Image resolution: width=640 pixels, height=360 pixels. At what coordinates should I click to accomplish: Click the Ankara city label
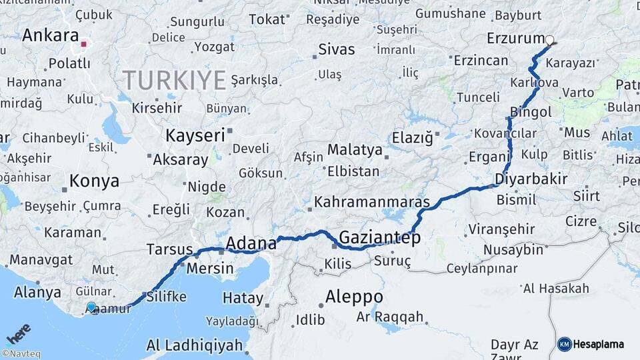(50, 35)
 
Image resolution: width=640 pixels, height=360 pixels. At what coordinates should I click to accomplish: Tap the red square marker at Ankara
(83, 45)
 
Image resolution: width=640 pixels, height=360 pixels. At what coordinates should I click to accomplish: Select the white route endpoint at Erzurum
(550, 41)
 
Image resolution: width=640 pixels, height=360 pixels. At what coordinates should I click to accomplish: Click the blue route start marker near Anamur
(91, 307)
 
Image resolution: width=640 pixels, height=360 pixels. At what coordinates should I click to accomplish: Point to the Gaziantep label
(379, 237)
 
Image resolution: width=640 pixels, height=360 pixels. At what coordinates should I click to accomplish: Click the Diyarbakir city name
(531, 179)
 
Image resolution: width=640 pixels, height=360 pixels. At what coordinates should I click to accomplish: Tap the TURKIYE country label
(174, 80)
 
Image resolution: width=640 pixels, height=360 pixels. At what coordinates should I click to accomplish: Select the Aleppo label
(354, 296)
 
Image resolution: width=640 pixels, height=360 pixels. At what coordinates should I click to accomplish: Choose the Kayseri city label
(195, 135)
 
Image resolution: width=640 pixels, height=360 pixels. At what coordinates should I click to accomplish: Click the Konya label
(95, 181)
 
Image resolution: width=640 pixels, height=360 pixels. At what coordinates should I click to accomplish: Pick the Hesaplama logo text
(600, 345)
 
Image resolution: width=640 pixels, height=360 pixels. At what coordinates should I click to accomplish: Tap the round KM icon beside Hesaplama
(565, 345)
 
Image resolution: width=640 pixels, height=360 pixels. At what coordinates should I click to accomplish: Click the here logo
(19, 333)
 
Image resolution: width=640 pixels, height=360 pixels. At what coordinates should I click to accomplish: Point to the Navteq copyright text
(21, 354)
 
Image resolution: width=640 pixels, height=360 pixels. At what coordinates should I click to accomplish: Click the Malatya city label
(354, 149)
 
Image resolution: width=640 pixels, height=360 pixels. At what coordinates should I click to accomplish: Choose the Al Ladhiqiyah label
(194, 345)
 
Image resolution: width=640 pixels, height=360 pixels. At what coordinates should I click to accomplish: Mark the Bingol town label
(530, 112)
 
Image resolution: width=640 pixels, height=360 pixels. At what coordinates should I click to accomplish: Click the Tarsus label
(169, 249)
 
